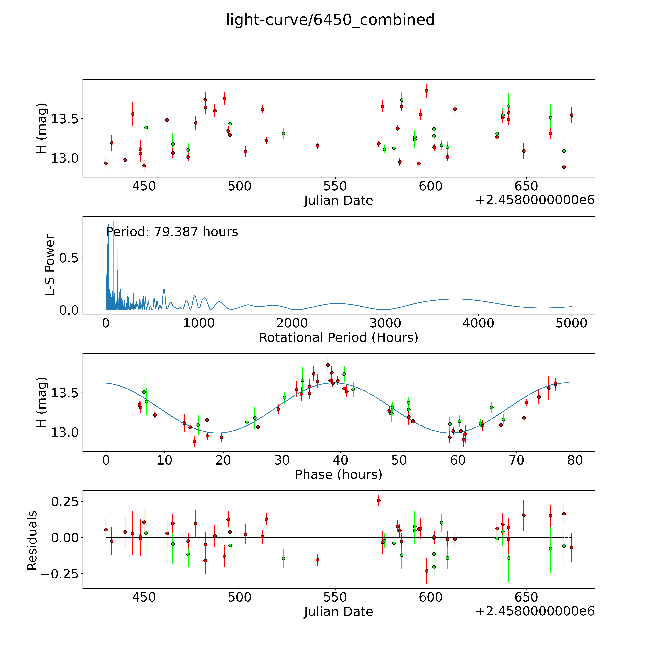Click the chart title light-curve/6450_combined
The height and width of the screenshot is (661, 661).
click(330, 20)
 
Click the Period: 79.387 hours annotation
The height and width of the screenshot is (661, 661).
click(172, 232)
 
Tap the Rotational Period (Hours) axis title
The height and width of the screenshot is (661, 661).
click(338, 338)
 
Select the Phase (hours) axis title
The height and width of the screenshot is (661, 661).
click(338, 475)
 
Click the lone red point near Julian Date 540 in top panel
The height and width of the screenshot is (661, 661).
click(318, 146)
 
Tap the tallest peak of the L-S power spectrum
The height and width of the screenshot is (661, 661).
click(113, 222)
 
